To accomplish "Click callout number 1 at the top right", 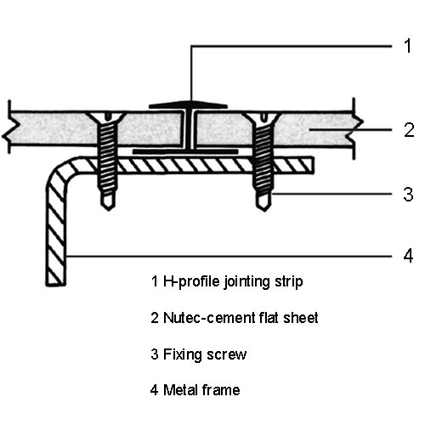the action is [408, 46].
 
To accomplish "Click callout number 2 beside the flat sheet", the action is [409, 130].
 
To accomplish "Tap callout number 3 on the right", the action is [408, 195].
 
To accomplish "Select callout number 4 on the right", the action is [408, 256].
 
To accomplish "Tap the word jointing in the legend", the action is [246, 282].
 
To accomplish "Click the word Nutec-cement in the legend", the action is [205, 318].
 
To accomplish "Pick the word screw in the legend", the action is [227, 354].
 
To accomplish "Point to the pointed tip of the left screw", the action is [108, 209].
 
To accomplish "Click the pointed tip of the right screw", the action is [264, 210].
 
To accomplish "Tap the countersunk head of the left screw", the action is [107, 116].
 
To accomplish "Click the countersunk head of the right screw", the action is [263, 116].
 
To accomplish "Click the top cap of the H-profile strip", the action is [188, 105].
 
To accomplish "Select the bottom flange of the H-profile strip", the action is [185, 152].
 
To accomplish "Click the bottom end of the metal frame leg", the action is [56, 284].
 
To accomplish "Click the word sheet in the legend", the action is [301, 318].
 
